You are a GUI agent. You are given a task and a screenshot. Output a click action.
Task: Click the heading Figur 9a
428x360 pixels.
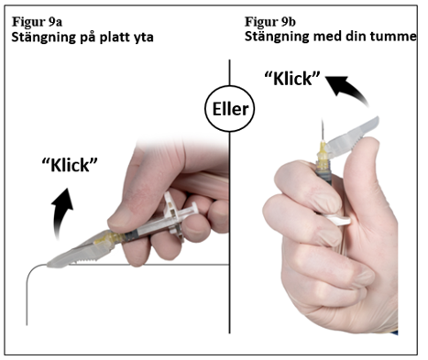click(x=37, y=22)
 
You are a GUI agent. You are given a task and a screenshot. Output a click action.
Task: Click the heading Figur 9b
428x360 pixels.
click(x=270, y=22)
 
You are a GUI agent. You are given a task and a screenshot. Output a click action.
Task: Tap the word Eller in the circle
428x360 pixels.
click(x=230, y=109)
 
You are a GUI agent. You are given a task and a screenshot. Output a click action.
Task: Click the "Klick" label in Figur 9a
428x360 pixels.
click(x=70, y=165)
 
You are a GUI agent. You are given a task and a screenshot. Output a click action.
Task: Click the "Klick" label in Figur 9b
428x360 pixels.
click(x=292, y=79)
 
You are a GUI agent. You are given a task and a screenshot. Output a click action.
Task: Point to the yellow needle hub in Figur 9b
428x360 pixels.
click(x=324, y=155)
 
